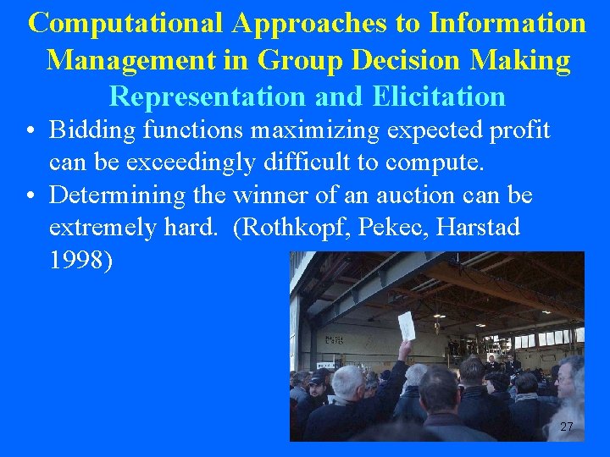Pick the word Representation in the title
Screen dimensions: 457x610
click(209, 96)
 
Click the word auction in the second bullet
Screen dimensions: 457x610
click(419, 195)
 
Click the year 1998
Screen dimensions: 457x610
click(79, 261)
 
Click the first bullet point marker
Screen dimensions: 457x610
click(30, 131)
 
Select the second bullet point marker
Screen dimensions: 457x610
click(30, 196)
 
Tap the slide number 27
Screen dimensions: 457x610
click(567, 427)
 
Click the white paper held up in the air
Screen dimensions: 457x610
click(407, 326)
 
